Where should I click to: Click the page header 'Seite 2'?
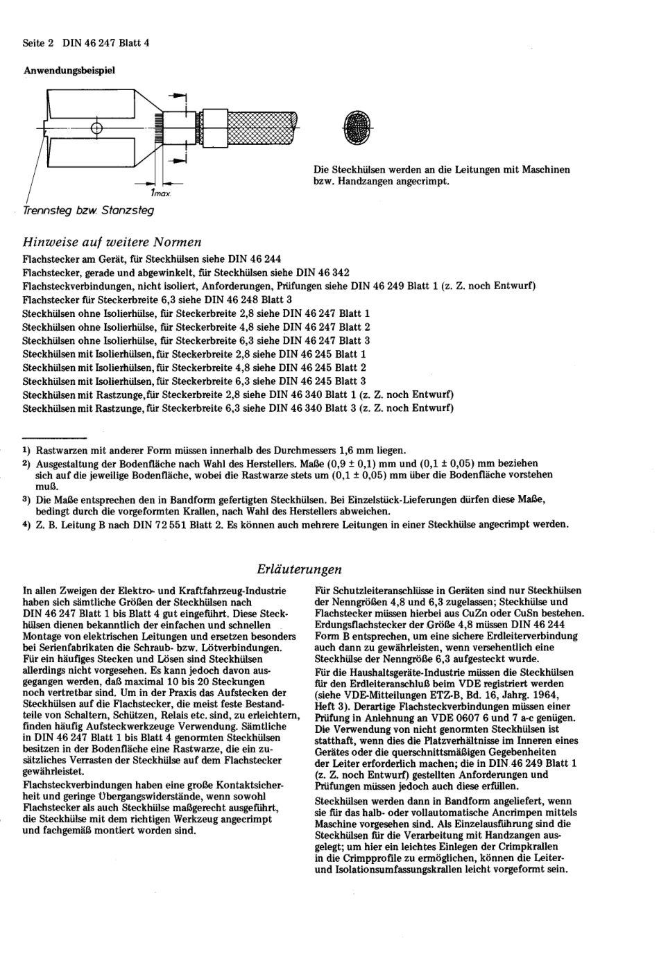point(39,42)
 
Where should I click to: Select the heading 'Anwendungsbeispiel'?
point(69,70)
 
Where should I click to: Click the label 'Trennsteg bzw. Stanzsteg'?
point(89,210)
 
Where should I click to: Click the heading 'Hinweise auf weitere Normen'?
point(112,242)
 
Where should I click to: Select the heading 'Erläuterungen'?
point(299,569)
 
